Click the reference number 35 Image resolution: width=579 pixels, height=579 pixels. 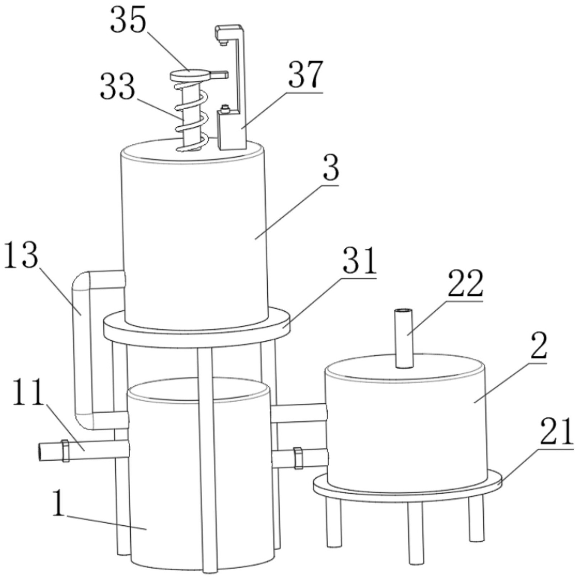[x=128, y=20]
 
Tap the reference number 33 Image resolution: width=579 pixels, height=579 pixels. [x=118, y=86]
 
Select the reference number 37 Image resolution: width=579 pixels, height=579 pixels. [x=306, y=75]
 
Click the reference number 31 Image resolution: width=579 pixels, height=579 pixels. [x=359, y=260]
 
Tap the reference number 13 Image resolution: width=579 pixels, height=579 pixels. [x=21, y=255]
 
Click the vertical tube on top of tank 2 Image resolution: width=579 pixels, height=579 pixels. [x=404, y=338]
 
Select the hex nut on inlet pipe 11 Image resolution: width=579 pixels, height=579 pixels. [x=65, y=451]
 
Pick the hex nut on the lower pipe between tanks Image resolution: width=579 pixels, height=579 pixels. [x=298, y=458]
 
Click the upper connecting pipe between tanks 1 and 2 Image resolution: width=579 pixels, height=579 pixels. [x=298, y=412]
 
